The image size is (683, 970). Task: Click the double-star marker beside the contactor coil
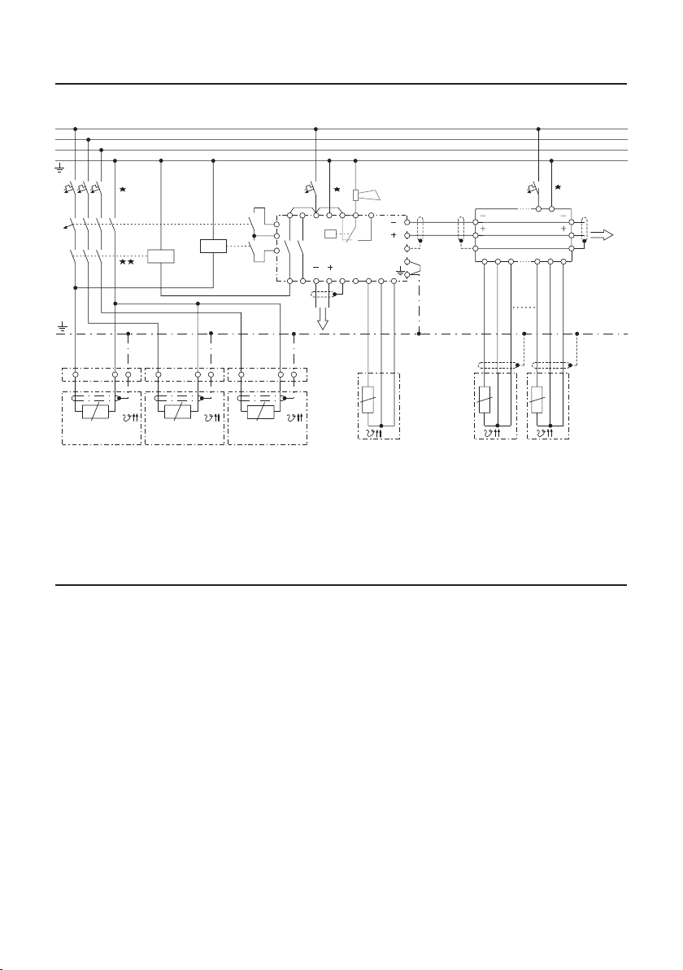(x=126, y=262)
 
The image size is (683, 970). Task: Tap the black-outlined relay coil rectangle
(x=213, y=247)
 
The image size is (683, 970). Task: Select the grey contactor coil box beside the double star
(x=161, y=256)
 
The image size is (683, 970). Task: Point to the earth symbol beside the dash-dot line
(x=62, y=329)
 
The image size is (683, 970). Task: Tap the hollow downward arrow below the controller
(x=324, y=320)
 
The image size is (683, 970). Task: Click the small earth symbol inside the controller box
(x=399, y=269)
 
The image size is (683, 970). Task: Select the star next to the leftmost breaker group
(x=123, y=189)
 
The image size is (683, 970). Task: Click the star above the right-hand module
(x=558, y=188)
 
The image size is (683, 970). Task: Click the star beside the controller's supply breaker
(x=336, y=189)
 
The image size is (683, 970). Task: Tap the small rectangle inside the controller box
(x=329, y=234)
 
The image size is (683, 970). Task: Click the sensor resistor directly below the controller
(x=368, y=400)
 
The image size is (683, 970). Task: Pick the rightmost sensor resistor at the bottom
(x=536, y=400)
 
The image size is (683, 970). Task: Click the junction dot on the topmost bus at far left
(x=75, y=129)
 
